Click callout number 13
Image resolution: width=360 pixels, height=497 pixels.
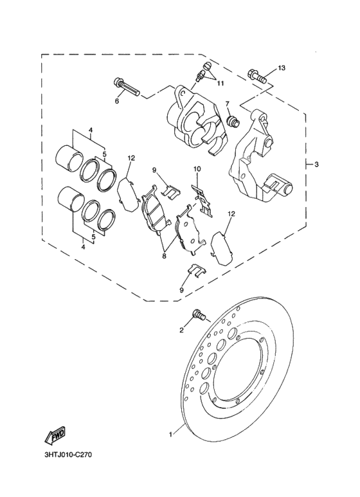[281, 68]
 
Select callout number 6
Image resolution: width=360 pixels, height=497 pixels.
[118, 101]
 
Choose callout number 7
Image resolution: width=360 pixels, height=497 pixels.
[226, 104]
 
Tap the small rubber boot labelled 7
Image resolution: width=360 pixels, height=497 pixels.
[233, 120]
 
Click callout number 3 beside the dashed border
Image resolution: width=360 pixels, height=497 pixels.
[316, 165]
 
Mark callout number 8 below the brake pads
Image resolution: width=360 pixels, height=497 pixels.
[164, 255]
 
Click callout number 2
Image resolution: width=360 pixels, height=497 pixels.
[182, 330]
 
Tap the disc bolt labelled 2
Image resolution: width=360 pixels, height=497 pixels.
[198, 315]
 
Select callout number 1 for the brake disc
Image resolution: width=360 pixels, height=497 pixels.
[170, 435]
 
